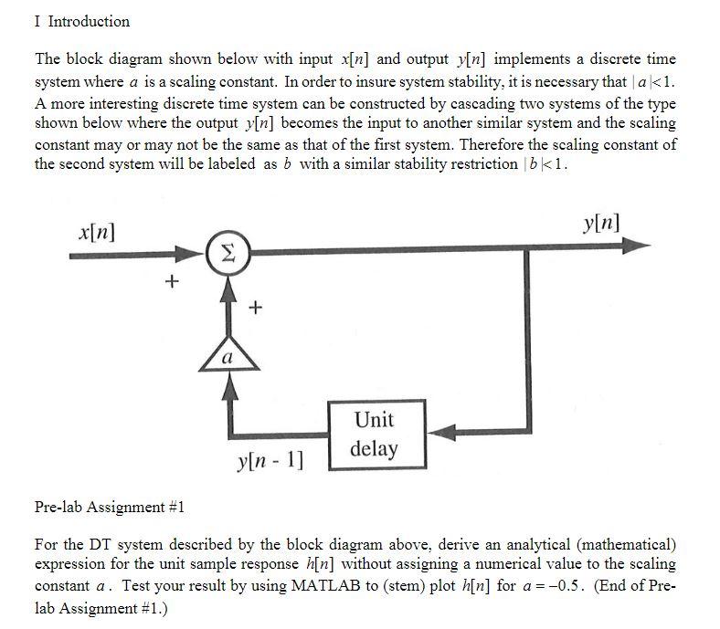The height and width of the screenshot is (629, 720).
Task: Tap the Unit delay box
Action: click(372, 434)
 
